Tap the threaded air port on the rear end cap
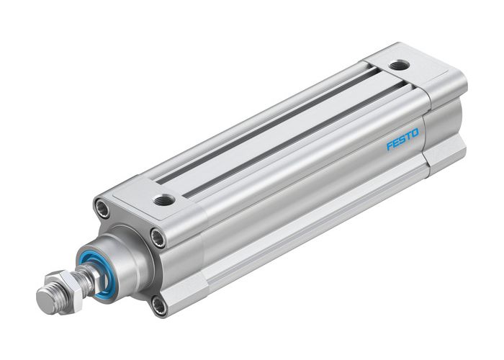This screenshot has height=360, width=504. pyautogui.click(x=396, y=66)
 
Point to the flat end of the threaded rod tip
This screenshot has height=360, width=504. pyautogui.click(x=42, y=296)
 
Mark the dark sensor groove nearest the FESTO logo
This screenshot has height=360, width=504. pyautogui.click(x=288, y=137)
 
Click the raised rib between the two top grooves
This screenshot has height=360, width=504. pyautogui.click(x=281, y=128)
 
